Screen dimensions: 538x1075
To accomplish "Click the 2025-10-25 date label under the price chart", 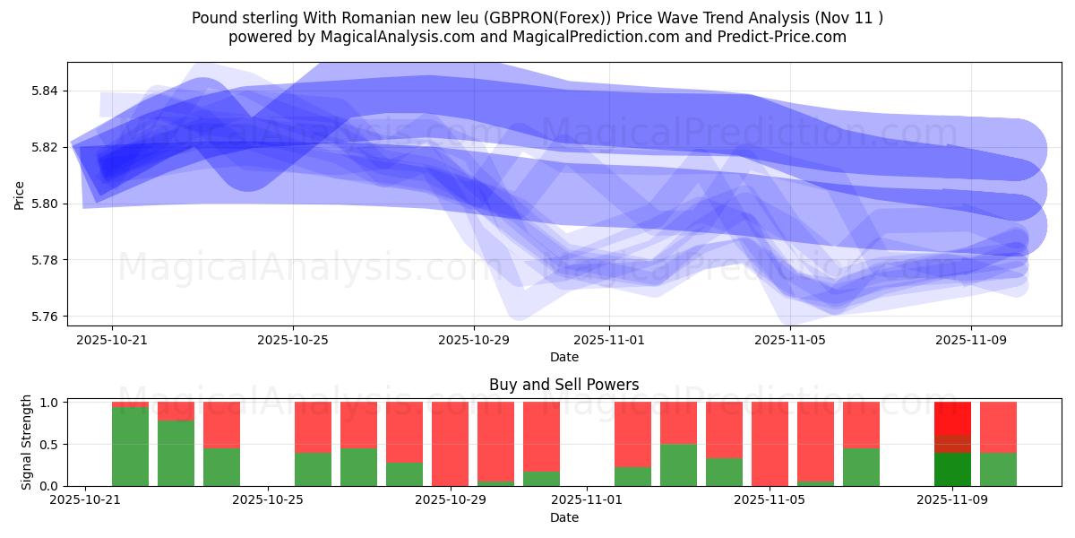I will pos(293,340).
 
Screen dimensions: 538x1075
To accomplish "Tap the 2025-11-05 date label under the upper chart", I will pos(790,340).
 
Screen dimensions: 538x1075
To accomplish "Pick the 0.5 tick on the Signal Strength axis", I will pos(49,444).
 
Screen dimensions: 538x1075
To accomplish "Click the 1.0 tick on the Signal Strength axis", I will pos(49,403).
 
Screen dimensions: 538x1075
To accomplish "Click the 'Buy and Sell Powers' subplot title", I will pos(563,385).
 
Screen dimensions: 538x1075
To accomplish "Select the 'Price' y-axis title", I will pos(19,195).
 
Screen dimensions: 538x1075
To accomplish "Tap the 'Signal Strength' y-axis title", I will pos(27,441).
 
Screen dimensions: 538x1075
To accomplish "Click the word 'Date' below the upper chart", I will pos(563,357).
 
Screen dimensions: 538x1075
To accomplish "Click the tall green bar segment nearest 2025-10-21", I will pos(130,447).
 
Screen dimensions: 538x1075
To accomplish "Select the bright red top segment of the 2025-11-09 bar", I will pos(952,418).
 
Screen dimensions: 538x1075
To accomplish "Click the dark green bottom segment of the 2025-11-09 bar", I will pos(952,469).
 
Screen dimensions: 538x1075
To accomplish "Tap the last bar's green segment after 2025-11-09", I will pos(998,469).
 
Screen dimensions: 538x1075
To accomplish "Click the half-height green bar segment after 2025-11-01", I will pos(678,464).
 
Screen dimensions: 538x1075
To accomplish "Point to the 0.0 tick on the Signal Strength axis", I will pos(49,486).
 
